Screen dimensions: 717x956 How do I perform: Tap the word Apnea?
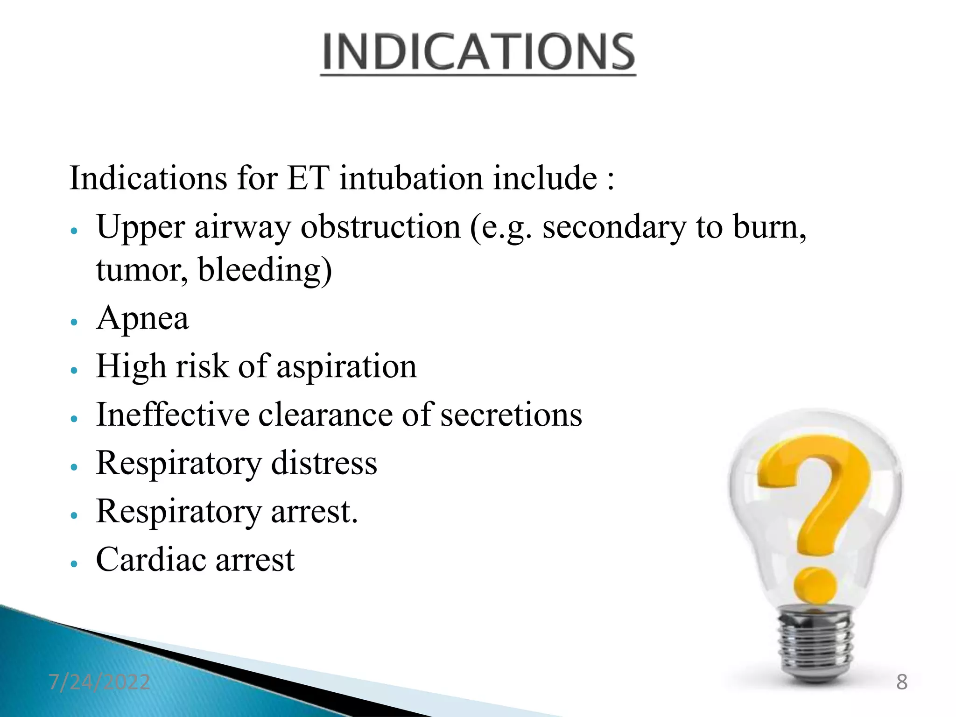click(142, 319)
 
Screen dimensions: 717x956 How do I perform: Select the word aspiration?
click(346, 367)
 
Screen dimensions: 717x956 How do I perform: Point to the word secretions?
click(511, 415)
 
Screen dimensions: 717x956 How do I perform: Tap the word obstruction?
click(380, 227)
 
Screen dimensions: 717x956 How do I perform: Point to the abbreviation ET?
click(308, 178)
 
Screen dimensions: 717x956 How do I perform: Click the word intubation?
click(411, 178)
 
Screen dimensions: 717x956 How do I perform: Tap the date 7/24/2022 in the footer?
click(99, 682)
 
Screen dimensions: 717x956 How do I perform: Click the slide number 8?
click(902, 682)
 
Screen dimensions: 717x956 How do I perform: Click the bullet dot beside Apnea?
click(73, 322)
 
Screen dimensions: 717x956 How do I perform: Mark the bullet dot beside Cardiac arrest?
click(73, 563)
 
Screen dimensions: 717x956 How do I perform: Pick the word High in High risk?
click(131, 367)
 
